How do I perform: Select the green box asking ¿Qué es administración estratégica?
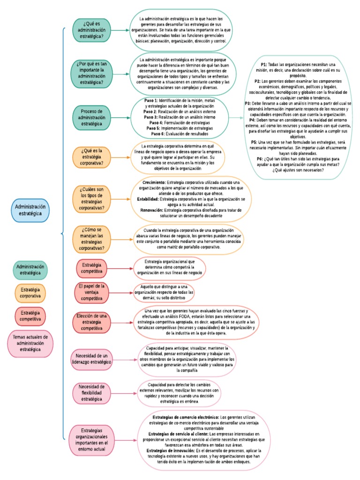tap(92, 30)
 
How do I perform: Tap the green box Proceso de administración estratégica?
tap(92, 117)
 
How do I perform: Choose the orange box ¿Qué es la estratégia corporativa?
tap(92, 157)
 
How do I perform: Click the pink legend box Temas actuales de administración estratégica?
tap(30, 344)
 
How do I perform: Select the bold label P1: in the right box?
tap(264, 64)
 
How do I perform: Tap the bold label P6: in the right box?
tap(260, 159)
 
